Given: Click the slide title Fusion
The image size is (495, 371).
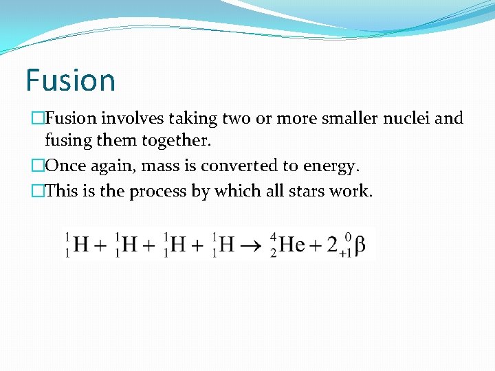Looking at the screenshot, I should coord(70,80).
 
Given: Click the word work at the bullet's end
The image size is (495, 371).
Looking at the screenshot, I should coord(355,190).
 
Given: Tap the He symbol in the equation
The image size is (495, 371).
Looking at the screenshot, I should coord(291,244).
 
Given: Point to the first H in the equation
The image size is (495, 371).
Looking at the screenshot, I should coord(80,244).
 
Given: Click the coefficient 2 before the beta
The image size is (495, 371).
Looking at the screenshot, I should coord(332,244).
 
